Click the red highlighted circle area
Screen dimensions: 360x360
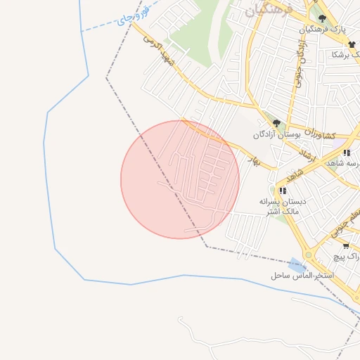[180, 180]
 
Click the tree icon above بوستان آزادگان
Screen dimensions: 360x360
[276, 123]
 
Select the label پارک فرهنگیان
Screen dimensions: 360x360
[323, 30]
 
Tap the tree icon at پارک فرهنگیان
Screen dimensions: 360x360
[322, 19]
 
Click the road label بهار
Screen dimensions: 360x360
[254, 161]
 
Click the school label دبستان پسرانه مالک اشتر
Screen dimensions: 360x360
[279, 205]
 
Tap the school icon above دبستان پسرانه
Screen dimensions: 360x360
[282, 191]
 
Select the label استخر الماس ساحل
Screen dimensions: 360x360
[302, 276]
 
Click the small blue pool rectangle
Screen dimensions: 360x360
[298, 264]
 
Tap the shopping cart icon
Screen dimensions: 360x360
[345, 246]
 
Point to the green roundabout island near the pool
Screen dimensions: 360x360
[307, 255]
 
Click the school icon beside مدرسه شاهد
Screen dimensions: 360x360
[345, 153]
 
